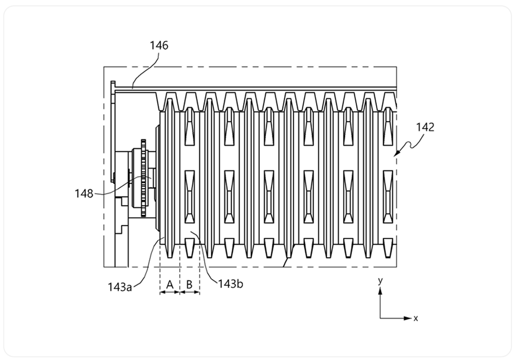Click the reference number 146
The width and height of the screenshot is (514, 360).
point(159,45)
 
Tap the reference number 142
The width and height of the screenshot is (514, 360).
point(425,127)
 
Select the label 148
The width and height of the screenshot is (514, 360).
point(84,193)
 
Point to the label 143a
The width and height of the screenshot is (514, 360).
point(120,287)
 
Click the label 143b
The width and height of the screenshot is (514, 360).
point(231,284)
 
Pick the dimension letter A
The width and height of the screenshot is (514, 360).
point(170,284)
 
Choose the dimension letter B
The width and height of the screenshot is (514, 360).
point(189,284)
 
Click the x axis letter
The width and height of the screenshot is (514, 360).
point(416,318)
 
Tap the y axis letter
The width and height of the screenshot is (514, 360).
point(380,281)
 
